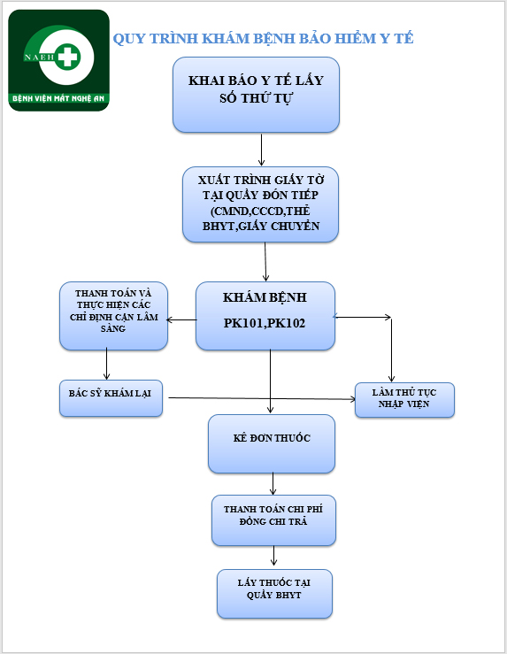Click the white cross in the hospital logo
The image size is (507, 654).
[68, 56]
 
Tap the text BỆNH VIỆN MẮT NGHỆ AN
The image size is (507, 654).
[58, 98]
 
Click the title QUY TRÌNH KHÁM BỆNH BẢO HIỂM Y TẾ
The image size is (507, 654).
[263, 38]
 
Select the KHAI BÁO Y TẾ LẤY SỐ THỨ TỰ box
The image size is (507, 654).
[256, 95]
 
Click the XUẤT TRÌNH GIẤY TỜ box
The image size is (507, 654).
[261, 204]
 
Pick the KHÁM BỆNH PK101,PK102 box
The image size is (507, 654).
[265, 316]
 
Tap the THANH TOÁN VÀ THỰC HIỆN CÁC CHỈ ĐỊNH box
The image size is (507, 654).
[113, 316]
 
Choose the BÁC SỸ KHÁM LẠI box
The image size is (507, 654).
[111, 398]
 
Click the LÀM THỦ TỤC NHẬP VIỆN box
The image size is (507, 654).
[404, 400]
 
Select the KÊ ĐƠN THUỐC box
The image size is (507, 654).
[272, 443]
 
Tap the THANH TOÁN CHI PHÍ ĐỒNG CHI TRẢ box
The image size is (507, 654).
[273, 520]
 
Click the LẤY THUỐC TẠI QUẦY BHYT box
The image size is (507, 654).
[274, 594]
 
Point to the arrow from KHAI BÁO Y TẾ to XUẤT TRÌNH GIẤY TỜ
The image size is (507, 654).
[261, 150]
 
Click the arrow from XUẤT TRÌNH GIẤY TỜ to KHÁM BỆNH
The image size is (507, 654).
[265, 262]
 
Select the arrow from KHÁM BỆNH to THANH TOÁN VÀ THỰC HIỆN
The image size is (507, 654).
[181, 319]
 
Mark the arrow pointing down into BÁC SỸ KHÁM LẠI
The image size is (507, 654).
[107, 364]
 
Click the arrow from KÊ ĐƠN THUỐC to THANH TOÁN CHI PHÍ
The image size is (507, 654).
[273, 483]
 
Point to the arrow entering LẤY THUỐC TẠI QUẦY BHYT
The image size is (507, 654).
[273, 556]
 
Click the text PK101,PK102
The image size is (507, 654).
[265, 323]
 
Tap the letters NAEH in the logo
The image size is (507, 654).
[39, 58]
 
